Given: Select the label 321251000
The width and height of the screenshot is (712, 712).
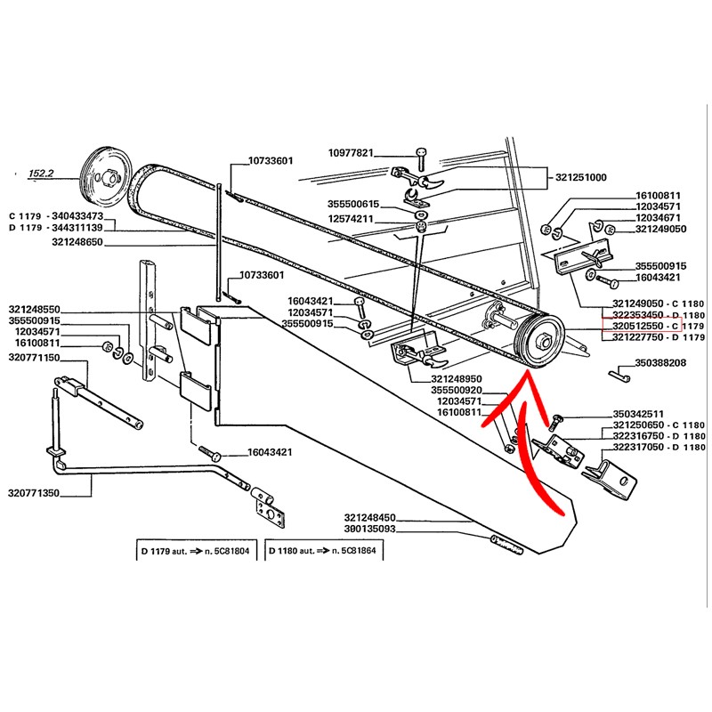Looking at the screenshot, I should coord(576,177).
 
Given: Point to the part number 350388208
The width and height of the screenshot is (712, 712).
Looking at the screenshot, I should coord(660,363).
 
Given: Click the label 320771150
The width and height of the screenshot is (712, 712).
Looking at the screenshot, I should coord(33,357).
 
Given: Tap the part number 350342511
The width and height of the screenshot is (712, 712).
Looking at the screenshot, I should coord(637,414).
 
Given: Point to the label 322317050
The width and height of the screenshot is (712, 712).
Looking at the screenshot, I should coord(658,449).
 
